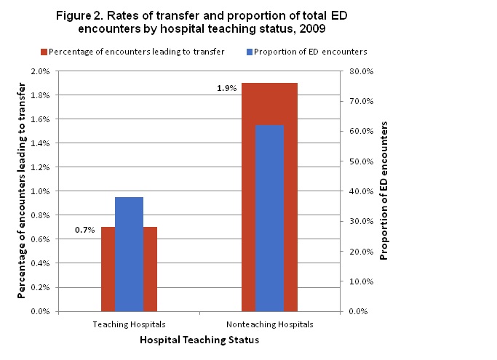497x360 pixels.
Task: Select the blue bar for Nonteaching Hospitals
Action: point(269,218)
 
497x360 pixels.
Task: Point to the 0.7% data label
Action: point(84,230)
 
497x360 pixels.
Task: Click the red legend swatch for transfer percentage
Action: point(43,51)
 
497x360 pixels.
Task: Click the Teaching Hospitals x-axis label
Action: point(129,324)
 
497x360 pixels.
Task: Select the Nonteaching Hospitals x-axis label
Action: point(269,324)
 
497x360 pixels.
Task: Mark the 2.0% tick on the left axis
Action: point(39,71)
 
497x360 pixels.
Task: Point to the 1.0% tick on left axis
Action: point(39,191)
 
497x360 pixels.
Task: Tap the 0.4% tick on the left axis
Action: point(39,263)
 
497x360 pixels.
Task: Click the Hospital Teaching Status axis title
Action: point(199,340)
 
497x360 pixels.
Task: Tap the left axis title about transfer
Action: point(24,191)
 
